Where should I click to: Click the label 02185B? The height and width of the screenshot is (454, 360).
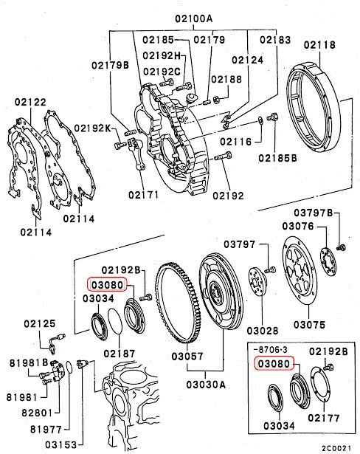pyautogui.click(x=278, y=157)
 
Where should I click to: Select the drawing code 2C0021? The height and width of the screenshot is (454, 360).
pyautogui.click(x=339, y=447)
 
